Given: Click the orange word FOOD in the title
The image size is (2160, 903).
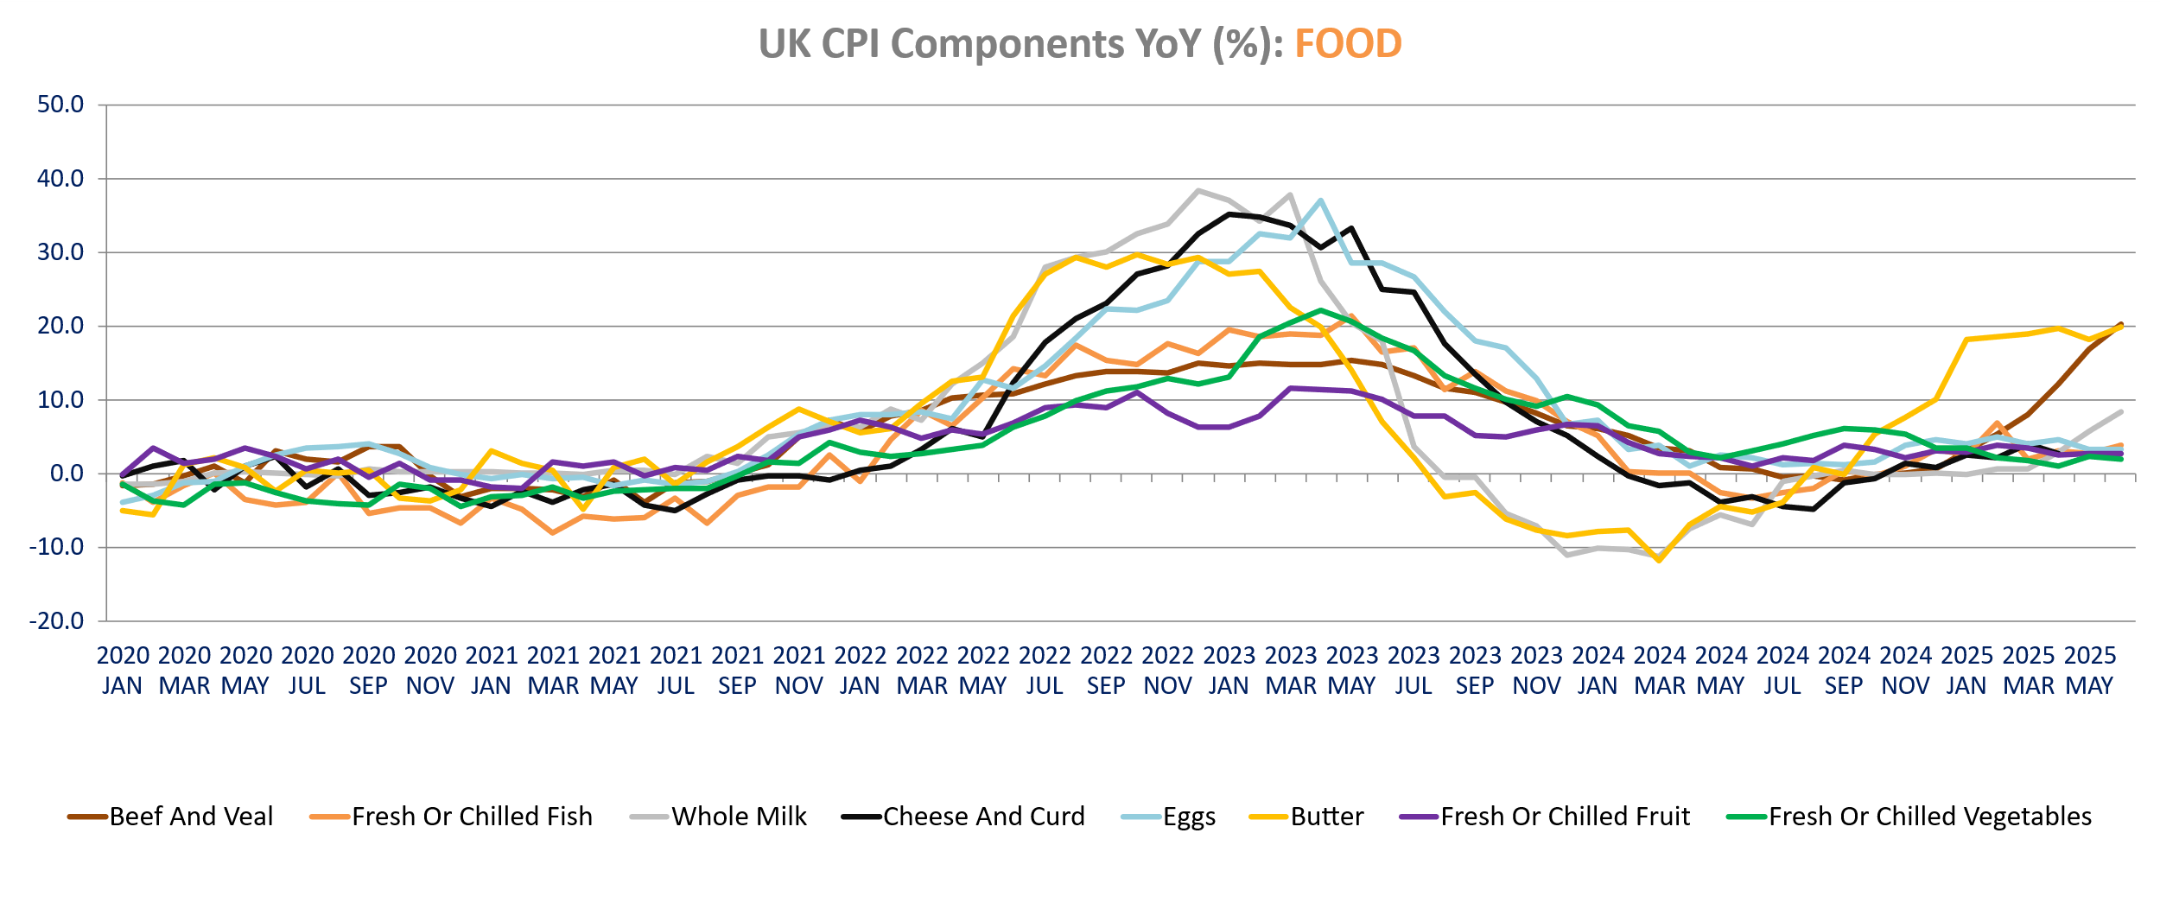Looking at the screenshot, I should (x=1348, y=44).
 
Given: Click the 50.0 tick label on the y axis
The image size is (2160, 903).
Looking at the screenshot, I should (x=60, y=105).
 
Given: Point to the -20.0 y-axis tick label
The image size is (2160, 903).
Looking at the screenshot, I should (x=57, y=621).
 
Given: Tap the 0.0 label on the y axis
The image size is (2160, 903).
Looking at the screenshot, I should (x=67, y=474).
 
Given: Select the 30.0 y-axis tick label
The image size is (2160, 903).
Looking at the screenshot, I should (x=60, y=252).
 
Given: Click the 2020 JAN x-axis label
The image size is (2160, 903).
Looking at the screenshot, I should (x=123, y=671).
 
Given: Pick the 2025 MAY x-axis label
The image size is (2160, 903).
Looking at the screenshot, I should (x=2089, y=671).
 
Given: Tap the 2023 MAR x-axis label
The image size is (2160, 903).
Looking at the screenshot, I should (x=1291, y=671).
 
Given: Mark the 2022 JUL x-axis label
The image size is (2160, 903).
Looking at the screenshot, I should (x=1045, y=671).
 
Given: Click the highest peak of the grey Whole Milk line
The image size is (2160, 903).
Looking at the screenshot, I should (x=1198, y=190).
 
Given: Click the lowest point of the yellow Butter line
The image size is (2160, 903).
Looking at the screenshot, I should (x=1659, y=561).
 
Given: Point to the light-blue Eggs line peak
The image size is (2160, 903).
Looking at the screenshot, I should (x=1321, y=200).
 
